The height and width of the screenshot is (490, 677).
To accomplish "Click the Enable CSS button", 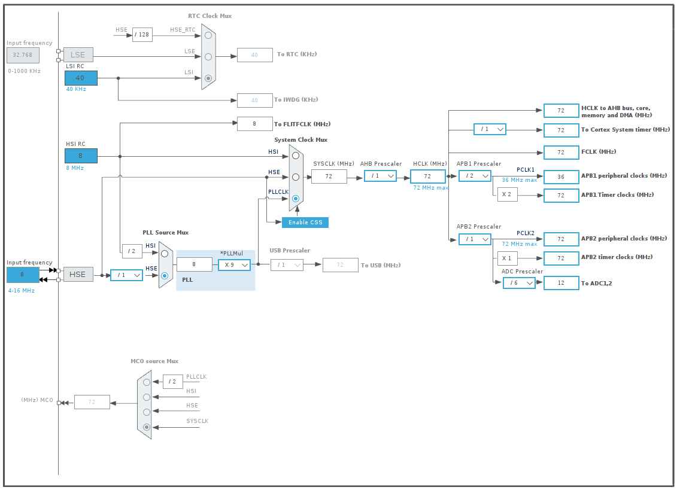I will coord(305,223).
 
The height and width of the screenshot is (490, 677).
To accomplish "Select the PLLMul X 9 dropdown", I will coord(234,264).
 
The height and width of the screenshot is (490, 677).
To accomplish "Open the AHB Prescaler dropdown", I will coord(380,176).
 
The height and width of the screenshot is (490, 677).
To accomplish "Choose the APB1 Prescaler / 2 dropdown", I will coord(475,176).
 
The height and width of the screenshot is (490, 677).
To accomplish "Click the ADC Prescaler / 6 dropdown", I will coord(519,283).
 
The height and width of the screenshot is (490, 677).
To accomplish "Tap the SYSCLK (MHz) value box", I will coord(329,176).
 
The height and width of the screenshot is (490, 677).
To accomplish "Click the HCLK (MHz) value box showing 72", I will coord(427,176).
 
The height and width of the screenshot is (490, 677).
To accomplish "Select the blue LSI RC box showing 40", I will coord(81,78).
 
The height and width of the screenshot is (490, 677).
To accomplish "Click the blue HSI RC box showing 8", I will coord(81,156).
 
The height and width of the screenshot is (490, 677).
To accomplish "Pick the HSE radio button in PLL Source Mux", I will coord(165,275).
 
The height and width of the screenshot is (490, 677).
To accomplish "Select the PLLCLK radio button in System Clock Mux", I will coord(295,199).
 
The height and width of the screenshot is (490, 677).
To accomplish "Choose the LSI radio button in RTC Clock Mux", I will coord(208,78).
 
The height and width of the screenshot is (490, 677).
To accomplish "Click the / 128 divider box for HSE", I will coord(142,35).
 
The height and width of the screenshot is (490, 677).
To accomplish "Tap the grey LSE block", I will coord(78,54).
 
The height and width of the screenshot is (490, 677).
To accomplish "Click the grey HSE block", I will coord(78,275).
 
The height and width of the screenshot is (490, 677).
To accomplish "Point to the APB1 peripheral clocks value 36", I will coord(561,176).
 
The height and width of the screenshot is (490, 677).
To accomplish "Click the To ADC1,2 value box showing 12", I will coord(561,283).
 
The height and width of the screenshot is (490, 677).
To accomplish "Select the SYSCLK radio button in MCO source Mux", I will coord(147,427).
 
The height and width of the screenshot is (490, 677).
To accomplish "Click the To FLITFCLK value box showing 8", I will coord(254,124).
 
